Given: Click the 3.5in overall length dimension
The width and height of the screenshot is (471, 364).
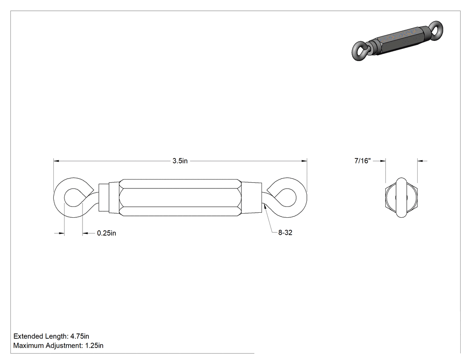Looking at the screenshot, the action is pos(180,161).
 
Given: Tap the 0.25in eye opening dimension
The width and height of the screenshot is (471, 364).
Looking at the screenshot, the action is pos(106,233).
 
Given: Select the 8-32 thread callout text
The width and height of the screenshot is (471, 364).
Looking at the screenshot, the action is pos(285,232).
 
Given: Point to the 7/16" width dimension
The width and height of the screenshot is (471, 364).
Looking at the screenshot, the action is pos(362,161).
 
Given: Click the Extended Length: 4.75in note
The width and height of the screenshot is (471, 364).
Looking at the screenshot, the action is pos(52,336).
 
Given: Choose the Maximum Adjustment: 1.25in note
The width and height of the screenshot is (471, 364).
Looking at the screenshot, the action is pos(58,345).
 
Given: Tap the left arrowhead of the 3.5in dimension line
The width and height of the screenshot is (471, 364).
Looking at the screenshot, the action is pos(56,161).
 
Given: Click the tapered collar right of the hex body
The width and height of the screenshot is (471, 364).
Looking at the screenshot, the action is pos(251,197).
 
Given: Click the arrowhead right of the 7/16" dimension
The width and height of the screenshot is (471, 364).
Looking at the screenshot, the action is pos(421,161).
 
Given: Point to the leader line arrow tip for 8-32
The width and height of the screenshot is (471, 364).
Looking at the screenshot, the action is pos(264,205).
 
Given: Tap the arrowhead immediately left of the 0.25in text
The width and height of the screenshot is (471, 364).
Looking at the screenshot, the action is pos(85,233).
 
